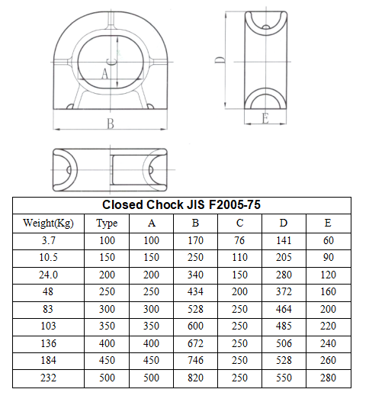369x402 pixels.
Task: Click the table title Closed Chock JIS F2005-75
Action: click(x=181, y=205)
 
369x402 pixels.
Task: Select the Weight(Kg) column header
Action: click(x=49, y=223)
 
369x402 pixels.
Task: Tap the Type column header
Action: click(x=107, y=224)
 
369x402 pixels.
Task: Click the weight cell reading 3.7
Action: click(x=49, y=240)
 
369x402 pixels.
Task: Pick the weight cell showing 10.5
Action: click(x=49, y=257)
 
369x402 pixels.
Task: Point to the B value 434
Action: click(x=195, y=291)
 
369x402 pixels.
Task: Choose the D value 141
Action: click(x=284, y=240)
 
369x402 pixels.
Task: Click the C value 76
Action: click(x=239, y=240)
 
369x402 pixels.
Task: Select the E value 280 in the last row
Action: click(x=329, y=378)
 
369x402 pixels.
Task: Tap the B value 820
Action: click(x=195, y=378)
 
